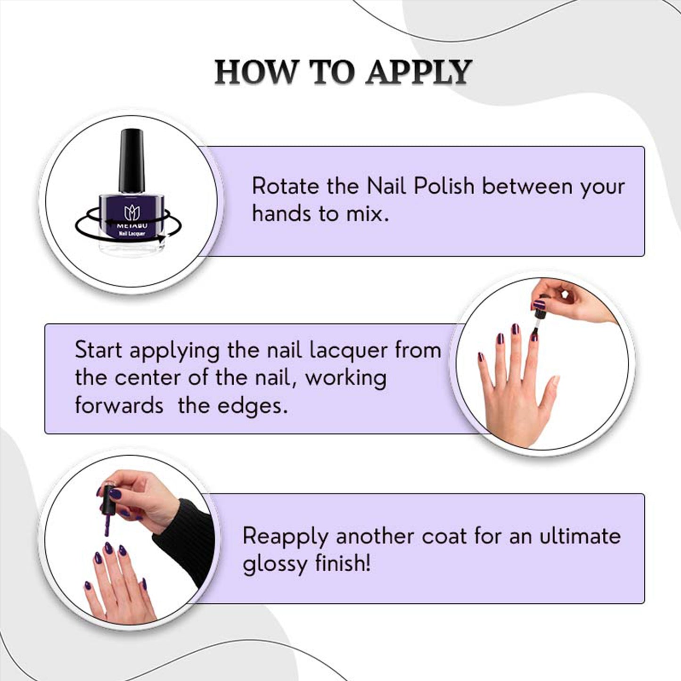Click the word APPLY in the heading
[418, 72]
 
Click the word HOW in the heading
[255, 72]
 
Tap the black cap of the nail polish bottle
[131, 161]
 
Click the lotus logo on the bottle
[132, 213]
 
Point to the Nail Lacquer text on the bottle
[132, 233]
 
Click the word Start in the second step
[98, 350]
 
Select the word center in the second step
[148, 378]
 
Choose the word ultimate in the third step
[580, 536]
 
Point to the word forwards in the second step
[119, 406]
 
